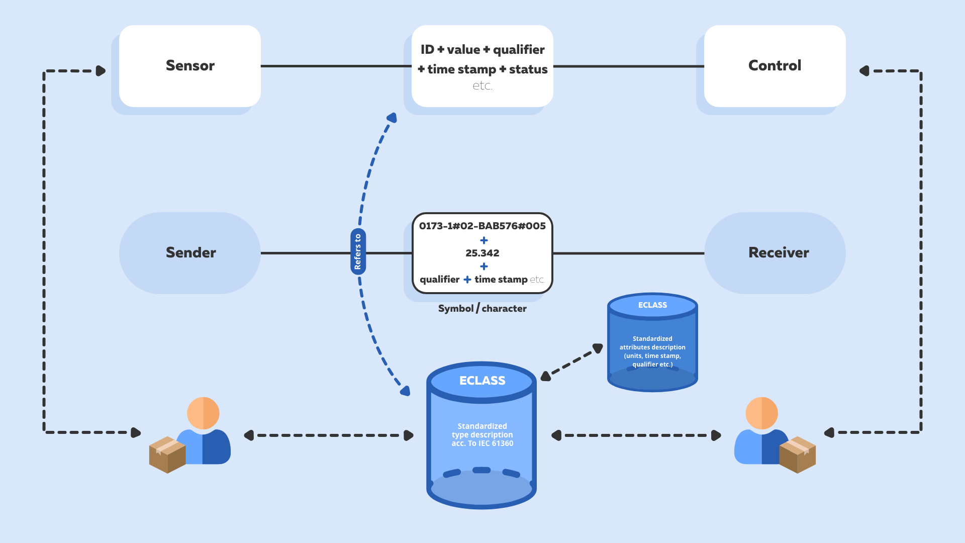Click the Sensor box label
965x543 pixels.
click(190, 65)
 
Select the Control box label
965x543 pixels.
click(775, 65)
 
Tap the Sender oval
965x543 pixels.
click(190, 252)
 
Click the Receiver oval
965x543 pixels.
click(775, 252)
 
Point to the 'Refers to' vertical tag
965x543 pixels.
click(358, 251)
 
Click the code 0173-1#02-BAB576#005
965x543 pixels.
click(482, 226)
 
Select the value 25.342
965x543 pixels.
click(482, 253)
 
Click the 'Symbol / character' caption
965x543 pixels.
click(482, 308)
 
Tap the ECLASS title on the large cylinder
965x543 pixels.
click(482, 381)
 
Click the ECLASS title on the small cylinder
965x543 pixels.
click(652, 305)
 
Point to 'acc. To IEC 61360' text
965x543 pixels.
click(482, 443)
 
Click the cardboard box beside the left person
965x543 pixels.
click(167, 455)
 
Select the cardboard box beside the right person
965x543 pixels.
click(797, 455)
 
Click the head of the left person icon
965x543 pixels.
click(203, 413)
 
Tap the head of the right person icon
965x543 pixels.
click(761, 413)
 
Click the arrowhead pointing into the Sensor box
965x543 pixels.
click(101, 71)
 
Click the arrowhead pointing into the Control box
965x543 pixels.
click(864, 71)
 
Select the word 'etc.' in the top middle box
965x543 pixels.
click(482, 86)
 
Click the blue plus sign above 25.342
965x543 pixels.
click(484, 240)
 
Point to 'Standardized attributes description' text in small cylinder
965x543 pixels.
click(652, 343)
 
